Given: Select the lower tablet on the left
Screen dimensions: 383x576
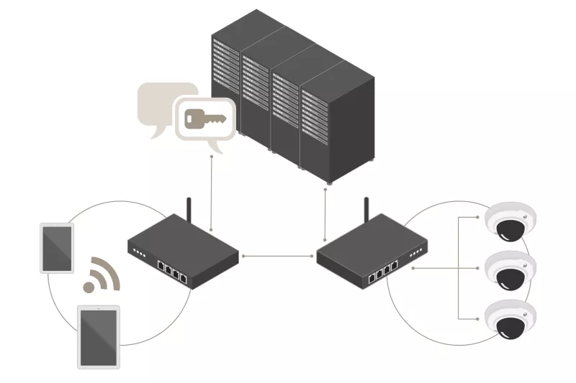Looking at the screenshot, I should pos(99,336).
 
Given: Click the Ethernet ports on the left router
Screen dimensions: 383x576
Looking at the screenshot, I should pos(172,272).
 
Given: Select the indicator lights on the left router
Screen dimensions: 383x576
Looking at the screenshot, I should pos(139,253).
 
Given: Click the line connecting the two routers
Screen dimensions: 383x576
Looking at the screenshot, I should pos(277,255).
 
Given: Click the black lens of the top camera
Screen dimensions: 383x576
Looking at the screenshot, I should pos(510,229).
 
